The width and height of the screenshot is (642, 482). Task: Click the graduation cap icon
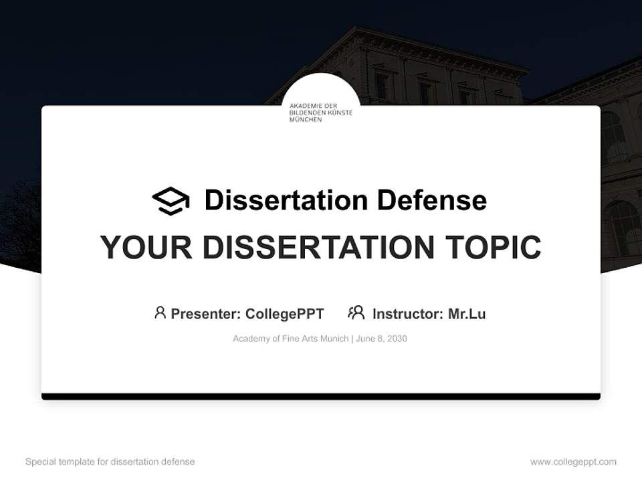(x=171, y=201)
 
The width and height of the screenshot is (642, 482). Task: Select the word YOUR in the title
(x=146, y=247)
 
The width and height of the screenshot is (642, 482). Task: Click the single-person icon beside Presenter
(x=160, y=313)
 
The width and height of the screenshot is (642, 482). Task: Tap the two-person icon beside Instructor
(x=356, y=313)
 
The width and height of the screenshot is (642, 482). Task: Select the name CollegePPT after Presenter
(x=285, y=313)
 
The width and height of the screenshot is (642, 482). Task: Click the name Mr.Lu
(x=467, y=313)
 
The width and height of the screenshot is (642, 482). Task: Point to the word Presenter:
(x=206, y=313)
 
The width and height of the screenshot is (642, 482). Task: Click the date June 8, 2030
(x=381, y=339)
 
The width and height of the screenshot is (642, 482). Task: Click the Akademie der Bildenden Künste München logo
(x=320, y=112)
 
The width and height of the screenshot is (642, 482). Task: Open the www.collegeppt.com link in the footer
(x=573, y=462)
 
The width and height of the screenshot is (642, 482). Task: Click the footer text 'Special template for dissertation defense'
(x=110, y=462)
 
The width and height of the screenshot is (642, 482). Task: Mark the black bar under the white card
(x=321, y=396)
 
